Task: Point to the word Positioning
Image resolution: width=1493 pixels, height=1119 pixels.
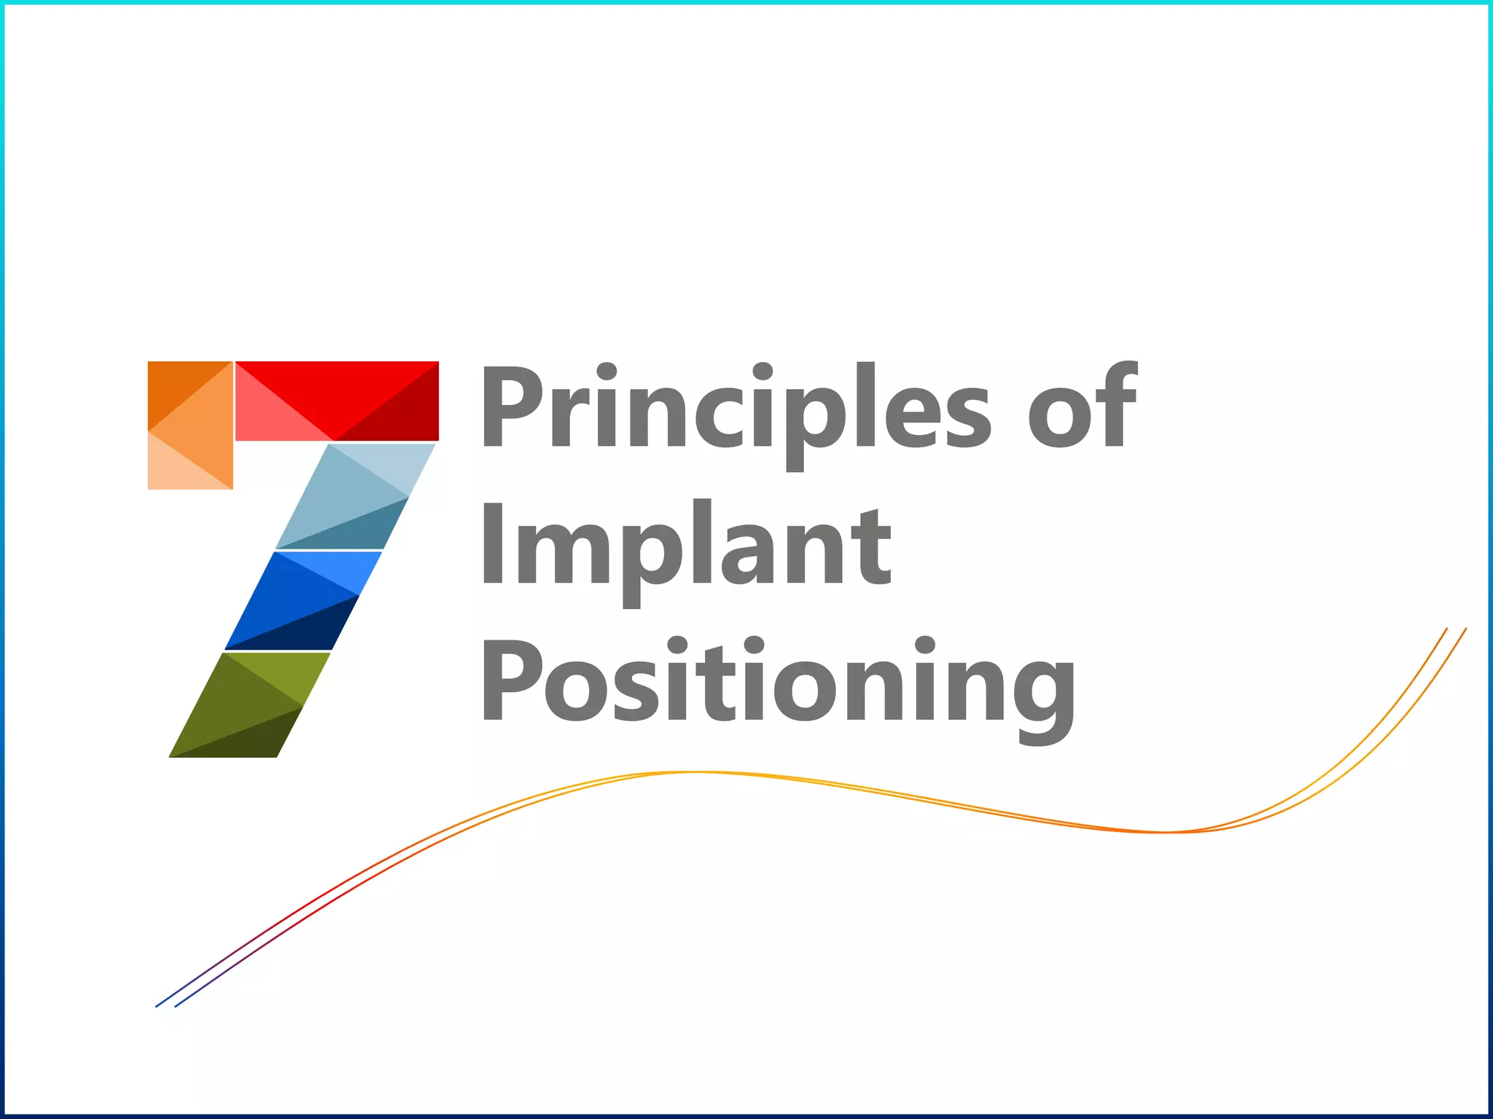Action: pyautogui.click(x=777, y=681)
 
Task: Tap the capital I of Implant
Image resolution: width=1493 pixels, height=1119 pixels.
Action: pyautogui.click(x=494, y=542)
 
